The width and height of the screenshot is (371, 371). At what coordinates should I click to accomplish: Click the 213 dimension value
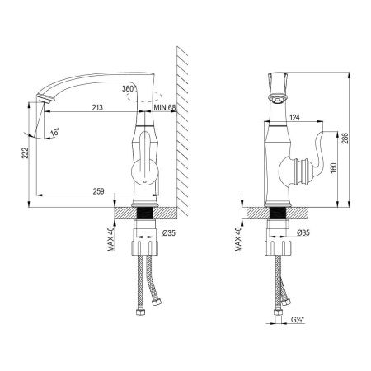[97, 107]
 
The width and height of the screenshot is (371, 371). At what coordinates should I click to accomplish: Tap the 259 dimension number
[98, 191]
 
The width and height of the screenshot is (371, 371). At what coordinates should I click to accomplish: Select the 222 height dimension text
[25, 153]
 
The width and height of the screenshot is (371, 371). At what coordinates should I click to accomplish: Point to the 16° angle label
[55, 132]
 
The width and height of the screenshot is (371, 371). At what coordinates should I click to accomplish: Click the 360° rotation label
[129, 88]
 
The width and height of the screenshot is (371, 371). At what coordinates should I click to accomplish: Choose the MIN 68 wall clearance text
[165, 107]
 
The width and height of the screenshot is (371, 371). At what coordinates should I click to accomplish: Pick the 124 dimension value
[294, 117]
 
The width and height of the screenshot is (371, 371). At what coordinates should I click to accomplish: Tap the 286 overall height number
[345, 139]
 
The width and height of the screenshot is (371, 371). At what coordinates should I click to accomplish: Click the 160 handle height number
[333, 168]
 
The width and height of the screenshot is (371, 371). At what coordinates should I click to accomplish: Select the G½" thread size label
[298, 320]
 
